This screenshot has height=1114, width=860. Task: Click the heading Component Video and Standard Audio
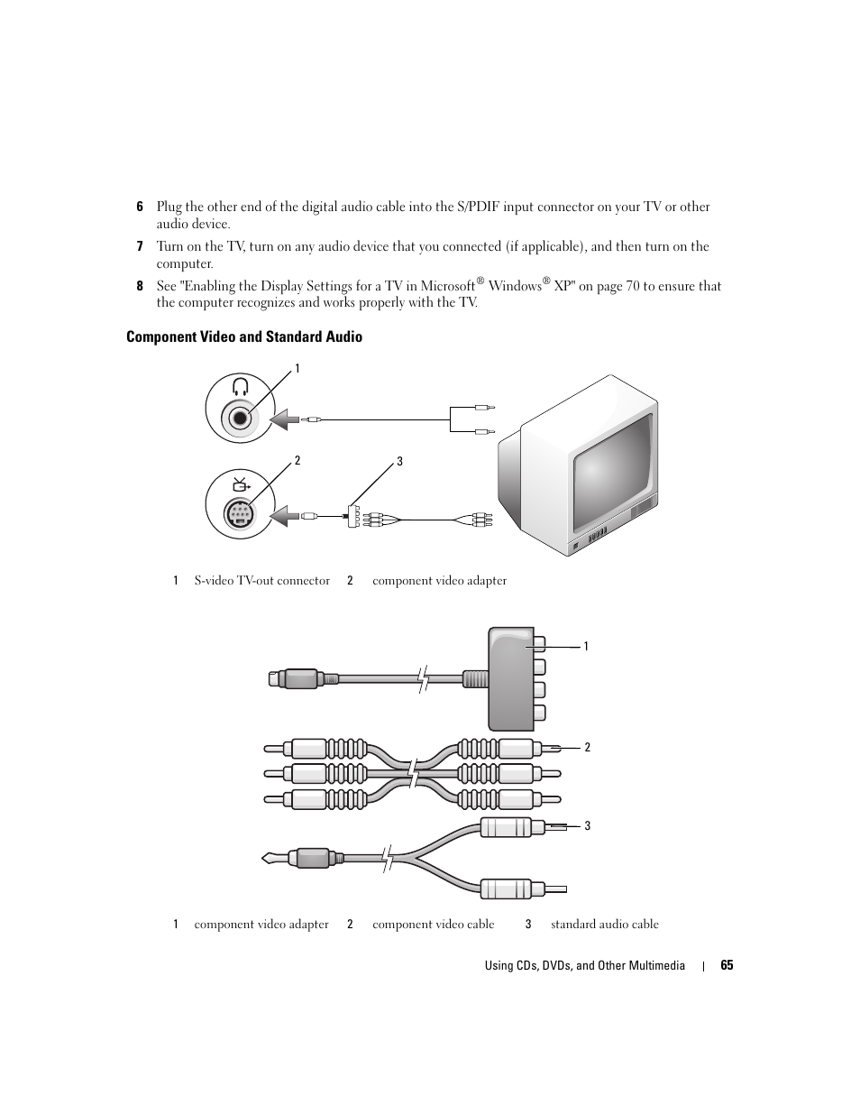[x=244, y=336]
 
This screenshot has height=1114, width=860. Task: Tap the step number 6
[x=140, y=207]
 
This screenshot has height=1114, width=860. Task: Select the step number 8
[x=140, y=286]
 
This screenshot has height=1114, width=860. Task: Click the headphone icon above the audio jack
[x=240, y=388]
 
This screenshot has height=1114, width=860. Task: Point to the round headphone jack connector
[x=240, y=418]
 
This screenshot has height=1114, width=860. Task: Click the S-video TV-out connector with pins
[x=239, y=515]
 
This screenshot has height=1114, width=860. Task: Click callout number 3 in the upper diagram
[x=399, y=462]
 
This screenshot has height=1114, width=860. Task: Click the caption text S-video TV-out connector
[x=261, y=581]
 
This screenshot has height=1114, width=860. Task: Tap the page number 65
[x=727, y=965]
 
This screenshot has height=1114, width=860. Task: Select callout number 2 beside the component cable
[x=587, y=747]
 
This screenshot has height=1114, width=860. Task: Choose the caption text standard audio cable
[x=604, y=925]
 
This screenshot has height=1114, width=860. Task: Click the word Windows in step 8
[x=515, y=286]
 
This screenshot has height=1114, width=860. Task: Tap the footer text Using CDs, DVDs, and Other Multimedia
[x=584, y=965]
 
